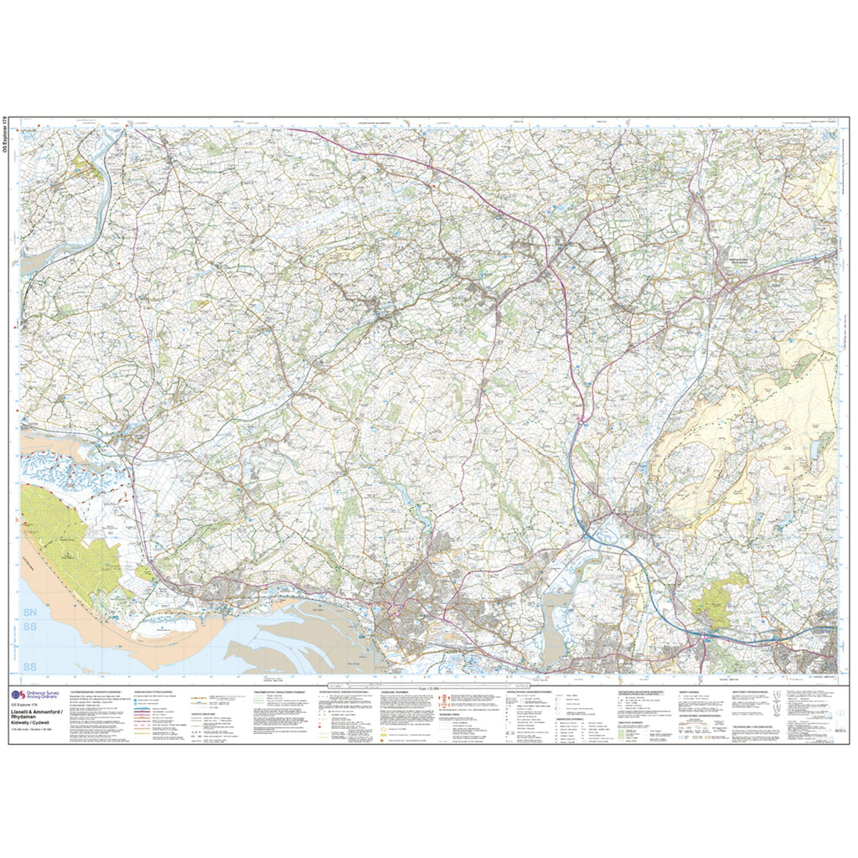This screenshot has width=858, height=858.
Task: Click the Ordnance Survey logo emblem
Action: [x=17, y=694]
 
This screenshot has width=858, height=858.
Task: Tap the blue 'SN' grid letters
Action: [x=33, y=614]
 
